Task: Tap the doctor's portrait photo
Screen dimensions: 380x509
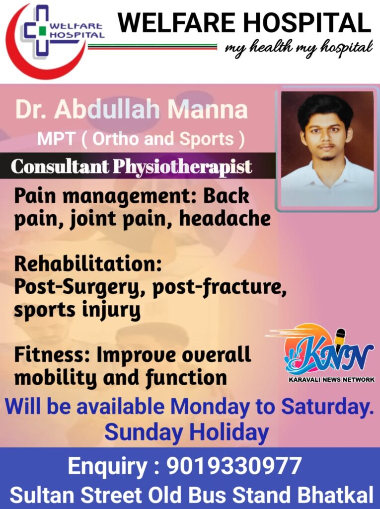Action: [327, 149]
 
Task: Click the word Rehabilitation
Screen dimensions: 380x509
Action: [87, 263]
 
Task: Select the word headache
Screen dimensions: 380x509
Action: [225, 218]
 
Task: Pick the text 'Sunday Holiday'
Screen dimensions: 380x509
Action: [187, 432]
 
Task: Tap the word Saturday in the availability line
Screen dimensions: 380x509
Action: [325, 407]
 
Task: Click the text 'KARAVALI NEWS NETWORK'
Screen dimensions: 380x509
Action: [331, 379]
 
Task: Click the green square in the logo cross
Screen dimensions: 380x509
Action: [41, 31]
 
